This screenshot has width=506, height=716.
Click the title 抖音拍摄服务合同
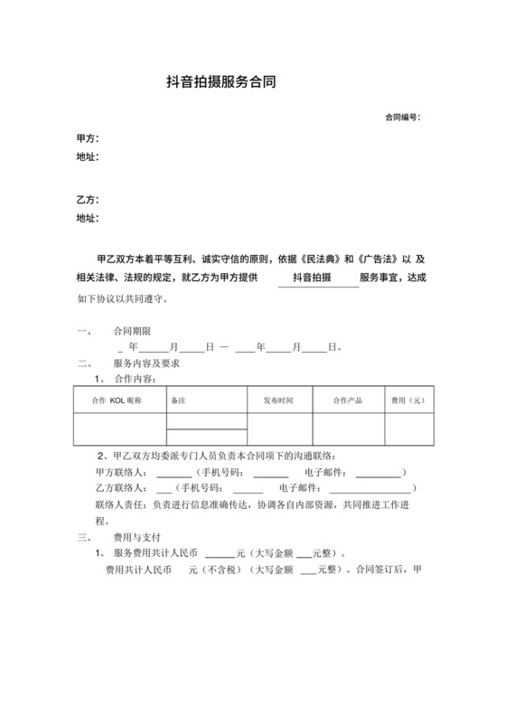click(x=221, y=82)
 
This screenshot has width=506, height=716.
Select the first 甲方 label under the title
click(x=87, y=138)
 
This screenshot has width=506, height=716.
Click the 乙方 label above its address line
click(x=87, y=199)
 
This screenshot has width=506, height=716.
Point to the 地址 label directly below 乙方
click(x=87, y=218)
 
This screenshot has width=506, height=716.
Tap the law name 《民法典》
click(x=322, y=259)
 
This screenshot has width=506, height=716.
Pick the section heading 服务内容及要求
click(x=146, y=363)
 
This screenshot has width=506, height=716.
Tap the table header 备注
click(x=178, y=399)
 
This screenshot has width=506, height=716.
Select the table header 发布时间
click(x=279, y=399)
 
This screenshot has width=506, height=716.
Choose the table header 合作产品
click(x=348, y=399)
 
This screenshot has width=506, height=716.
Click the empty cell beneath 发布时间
click(x=279, y=429)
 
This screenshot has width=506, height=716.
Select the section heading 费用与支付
click(x=137, y=536)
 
